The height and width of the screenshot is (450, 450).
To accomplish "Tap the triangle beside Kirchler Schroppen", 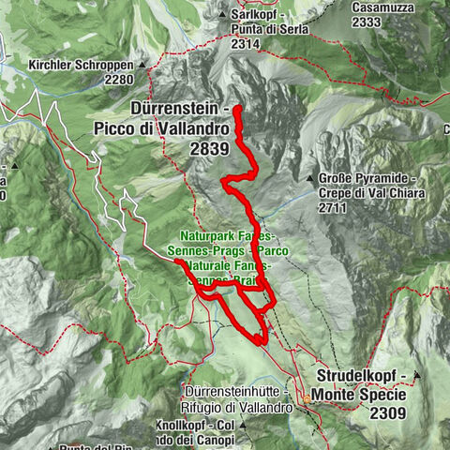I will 142,67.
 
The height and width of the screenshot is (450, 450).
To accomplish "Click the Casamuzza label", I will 380,7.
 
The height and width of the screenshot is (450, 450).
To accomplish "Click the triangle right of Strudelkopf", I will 416,376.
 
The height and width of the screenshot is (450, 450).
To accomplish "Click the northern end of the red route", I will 237,110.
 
